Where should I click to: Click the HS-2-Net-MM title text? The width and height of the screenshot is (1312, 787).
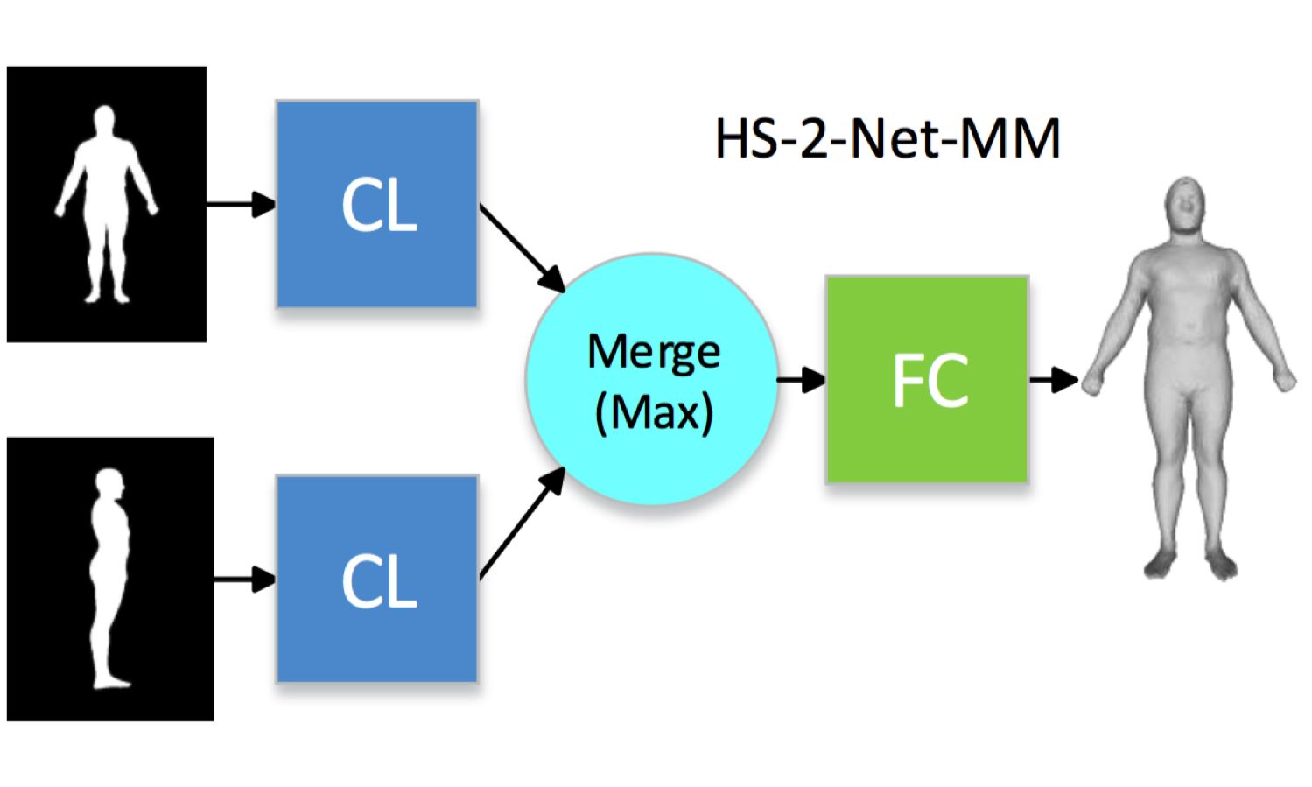888,138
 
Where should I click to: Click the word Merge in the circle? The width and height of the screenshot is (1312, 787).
654,352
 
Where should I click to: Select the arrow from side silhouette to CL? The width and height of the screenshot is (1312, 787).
244,579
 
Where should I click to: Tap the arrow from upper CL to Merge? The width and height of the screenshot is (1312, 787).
523,249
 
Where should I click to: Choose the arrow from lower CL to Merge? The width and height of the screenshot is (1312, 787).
523,523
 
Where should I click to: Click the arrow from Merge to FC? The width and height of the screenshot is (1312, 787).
801,380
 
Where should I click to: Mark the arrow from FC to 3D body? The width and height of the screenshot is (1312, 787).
1053,380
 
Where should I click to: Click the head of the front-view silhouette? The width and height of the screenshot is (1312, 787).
105,120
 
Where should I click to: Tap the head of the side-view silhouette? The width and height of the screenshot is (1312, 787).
110,484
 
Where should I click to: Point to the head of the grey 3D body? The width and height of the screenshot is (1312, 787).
1185,205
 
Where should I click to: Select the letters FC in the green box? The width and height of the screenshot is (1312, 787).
930,380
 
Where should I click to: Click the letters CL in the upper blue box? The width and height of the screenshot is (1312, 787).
378,207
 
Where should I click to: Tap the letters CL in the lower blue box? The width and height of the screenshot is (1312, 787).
378,581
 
